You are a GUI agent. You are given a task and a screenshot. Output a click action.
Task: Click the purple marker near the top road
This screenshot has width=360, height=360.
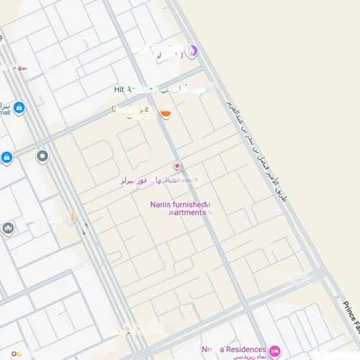pos(192,51)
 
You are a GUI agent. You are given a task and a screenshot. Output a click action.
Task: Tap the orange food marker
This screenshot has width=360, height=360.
pos(166,114)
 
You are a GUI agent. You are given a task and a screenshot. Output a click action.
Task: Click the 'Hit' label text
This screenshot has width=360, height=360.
pos(120,89)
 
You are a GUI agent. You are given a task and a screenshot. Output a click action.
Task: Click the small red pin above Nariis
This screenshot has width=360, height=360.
pos(177,166)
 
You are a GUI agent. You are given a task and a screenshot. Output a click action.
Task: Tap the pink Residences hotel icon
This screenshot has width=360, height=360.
pos(274,350)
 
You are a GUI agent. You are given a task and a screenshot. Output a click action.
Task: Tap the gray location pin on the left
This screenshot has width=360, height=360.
pos(42,156)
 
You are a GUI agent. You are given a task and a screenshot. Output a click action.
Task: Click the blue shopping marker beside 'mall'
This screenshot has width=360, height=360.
pos(19,108)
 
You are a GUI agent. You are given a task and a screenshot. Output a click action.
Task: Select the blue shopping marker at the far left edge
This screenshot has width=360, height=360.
pos(6,157)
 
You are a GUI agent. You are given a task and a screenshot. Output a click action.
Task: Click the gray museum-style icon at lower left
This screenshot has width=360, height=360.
pos(9,228)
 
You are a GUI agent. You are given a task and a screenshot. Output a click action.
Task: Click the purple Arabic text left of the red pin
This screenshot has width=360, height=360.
pos(144,181)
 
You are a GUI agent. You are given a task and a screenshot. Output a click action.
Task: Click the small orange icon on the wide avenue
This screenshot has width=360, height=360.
pos(73,215)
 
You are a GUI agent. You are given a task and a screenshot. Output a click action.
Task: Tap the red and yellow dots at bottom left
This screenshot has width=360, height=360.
pos(130,333)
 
